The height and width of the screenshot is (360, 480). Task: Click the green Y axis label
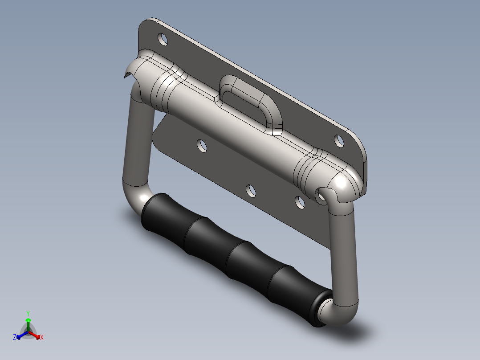(x=28, y=313)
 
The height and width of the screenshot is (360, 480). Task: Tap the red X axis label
(x=42, y=337)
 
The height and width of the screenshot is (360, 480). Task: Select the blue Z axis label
(x=15, y=337)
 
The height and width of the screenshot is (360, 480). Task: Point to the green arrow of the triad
(x=28, y=324)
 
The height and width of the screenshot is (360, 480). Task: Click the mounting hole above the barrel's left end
(x=163, y=39)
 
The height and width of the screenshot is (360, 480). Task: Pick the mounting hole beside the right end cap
(x=339, y=141)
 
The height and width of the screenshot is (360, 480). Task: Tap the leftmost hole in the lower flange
(x=202, y=146)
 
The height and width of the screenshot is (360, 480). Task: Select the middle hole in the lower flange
(x=251, y=191)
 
